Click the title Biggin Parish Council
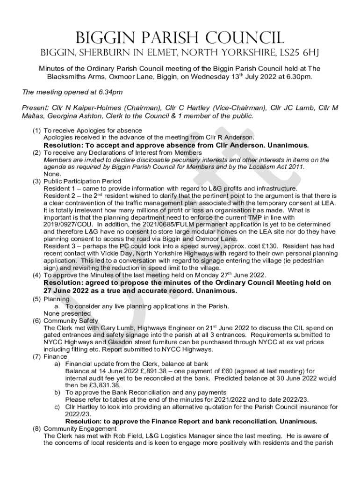(180, 37)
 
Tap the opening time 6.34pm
(103, 92)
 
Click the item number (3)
(36, 181)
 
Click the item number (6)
(36, 320)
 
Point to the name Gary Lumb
(132, 328)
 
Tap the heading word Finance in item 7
(55, 356)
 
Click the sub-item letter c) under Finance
(58, 406)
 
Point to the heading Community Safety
(71, 320)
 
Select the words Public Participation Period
(82, 181)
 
